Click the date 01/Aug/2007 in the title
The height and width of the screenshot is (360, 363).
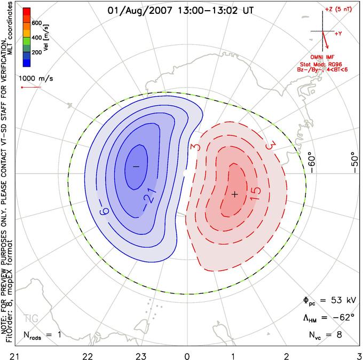pyautogui.click(x=140, y=11)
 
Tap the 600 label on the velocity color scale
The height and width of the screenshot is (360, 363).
pyautogui.click(x=37, y=23)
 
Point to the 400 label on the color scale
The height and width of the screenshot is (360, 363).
pyautogui.click(x=37, y=37)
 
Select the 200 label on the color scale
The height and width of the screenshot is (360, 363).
pyautogui.click(x=37, y=52)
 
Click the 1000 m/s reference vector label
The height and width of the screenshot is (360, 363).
pyautogui.click(x=36, y=79)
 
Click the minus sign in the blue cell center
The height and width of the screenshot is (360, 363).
pyautogui.click(x=136, y=166)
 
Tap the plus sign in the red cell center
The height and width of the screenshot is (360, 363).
pyautogui.click(x=235, y=194)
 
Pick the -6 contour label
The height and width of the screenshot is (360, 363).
pyautogui.click(x=104, y=211)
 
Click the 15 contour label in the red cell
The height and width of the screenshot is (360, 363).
pyautogui.click(x=255, y=194)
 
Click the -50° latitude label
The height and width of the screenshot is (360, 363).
pyautogui.click(x=354, y=162)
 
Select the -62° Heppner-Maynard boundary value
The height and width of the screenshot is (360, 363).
pyautogui.click(x=343, y=317)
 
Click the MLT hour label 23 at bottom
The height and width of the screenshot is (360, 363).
pyautogui.click(x=141, y=356)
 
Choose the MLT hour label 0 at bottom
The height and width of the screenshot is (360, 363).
pyautogui.click(x=187, y=356)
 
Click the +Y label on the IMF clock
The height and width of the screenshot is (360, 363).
pyautogui.click(x=338, y=34)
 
